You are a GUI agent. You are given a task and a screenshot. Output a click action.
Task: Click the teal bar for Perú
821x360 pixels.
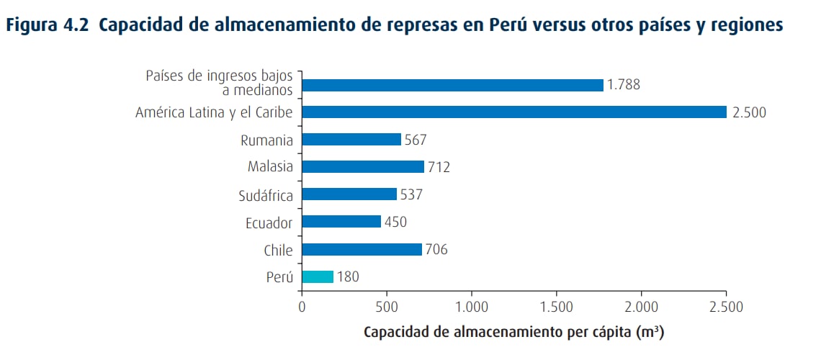pos(318,276)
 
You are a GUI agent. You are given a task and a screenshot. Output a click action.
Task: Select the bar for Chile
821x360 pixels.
pos(362,250)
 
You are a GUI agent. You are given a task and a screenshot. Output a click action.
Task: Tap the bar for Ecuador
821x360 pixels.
pos(341,222)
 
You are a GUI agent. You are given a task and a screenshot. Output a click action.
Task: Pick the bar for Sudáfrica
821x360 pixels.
pos(349,194)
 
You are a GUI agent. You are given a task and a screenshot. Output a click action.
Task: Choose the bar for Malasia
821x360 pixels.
pos(363,167)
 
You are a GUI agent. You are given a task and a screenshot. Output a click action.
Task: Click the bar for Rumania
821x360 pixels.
pos(351,140)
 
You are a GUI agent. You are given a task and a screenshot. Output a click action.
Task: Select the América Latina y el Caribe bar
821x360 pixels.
pos(514,112)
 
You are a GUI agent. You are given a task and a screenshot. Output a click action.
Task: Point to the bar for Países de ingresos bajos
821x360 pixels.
pos(452,85)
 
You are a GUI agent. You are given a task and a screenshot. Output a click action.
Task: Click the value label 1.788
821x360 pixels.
pos(624,85)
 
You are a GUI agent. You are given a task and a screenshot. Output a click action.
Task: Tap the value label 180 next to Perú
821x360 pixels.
pos(347,277)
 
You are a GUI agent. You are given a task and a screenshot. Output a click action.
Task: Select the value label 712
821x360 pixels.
pos(439,168)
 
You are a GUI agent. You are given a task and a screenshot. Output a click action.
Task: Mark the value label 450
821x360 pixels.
pos(395,222)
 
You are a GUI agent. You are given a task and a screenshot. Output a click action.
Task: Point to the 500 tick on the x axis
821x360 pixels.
pos(387,307)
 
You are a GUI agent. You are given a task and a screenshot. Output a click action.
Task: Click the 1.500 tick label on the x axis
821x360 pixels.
pos(557,307)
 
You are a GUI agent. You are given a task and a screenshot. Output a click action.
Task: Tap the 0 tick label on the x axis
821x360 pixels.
pos(302,307)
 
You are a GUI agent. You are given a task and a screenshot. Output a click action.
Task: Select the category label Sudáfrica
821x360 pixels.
pos(266,195)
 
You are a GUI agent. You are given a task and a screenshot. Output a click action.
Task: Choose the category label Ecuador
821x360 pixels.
pos(269,222)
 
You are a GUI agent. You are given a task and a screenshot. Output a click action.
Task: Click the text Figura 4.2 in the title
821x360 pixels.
pos(48,25)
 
